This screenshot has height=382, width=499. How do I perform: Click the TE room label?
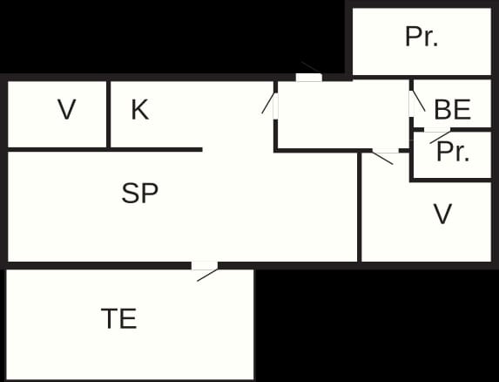(x=119, y=318)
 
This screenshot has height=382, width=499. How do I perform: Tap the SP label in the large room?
(x=139, y=193)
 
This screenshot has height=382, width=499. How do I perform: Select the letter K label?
(x=140, y=109)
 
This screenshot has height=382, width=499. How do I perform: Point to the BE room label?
(x=452, y=110)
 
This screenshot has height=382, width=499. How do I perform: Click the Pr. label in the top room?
(x=421, y=37)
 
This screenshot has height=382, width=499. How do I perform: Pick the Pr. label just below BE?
(x=453, y=152)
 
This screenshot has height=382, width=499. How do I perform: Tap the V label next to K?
(x=67, y=109)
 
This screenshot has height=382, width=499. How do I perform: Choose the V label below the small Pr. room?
(x=442, y=214)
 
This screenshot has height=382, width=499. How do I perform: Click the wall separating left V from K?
(x=108, y=115)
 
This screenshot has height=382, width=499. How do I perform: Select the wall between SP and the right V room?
(x=360, y=207)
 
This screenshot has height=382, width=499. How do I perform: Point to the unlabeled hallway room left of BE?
(x=343, y=115)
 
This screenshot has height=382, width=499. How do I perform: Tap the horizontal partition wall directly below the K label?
(x=105, y=150)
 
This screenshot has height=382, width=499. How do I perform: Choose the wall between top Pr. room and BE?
(x=422, y=78)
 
